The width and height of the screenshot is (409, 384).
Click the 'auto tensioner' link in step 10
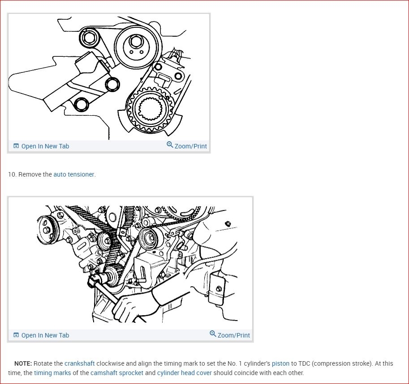[x=74, y=174]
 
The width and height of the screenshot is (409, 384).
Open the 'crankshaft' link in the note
[x=80, y=363]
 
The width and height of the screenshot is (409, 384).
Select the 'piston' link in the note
[x=280, y=363]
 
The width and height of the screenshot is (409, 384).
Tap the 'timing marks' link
[x=52, y=373]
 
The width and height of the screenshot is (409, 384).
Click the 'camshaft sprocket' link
[x=117, y=373]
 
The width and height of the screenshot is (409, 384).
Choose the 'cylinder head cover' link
[x=185, y=373]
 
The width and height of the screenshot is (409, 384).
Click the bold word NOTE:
[x=23, y=363]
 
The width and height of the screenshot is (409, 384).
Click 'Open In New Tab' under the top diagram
[x=41, y=146]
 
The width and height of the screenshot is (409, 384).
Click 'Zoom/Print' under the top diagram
[x=187, y=146]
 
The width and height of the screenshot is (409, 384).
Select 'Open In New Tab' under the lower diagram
[x=41, y=335]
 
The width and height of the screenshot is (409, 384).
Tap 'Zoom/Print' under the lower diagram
[x=230, y=334]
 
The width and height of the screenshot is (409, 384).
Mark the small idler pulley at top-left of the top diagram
[x=89, y=38]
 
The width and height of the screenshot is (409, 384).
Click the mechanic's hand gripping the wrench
[x=128, y=307]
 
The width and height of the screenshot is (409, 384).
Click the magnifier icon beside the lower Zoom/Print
[x=213, y=333]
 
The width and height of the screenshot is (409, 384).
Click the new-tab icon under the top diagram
[x=16, y=146]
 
